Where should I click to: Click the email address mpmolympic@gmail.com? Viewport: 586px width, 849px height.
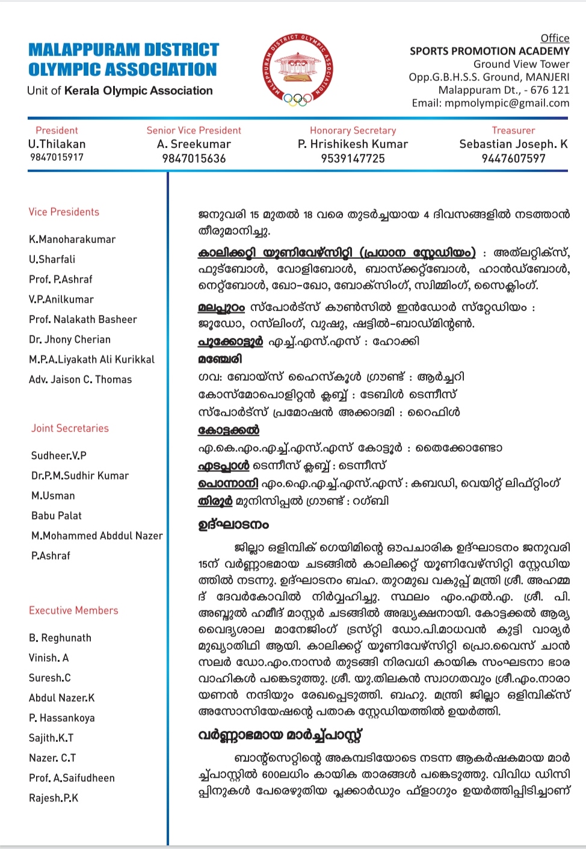[507, 103]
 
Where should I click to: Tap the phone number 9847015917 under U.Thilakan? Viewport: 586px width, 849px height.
[57, 158]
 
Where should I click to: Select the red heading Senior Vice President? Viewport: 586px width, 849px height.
[194, 131]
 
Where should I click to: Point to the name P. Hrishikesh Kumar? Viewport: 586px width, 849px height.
[353, 144]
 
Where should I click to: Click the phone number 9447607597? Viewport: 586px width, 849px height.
[513, 159]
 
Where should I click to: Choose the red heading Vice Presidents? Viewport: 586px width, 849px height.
[64, 212]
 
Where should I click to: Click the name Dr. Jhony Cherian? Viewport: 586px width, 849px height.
[70, 339]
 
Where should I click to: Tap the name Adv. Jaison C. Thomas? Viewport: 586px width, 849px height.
[80, 380]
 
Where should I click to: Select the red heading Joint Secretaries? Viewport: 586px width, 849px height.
[70, 428]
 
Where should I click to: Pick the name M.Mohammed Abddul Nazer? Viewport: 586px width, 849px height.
[97, 536]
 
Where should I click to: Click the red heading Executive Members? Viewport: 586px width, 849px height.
[73, 611]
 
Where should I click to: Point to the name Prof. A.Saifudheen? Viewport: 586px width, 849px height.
[72, 778]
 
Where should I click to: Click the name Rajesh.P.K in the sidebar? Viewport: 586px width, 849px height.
[54, 798]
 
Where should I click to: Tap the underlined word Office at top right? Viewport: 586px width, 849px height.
[555, 39]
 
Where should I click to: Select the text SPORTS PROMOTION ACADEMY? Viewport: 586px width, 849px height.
[489, 51]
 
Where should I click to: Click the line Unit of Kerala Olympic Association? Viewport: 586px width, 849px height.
[120, 91]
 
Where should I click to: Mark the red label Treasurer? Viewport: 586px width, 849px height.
[513, 131]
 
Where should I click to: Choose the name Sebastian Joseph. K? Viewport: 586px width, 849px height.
[513, 144]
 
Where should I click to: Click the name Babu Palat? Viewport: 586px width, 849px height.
[56, 516]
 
